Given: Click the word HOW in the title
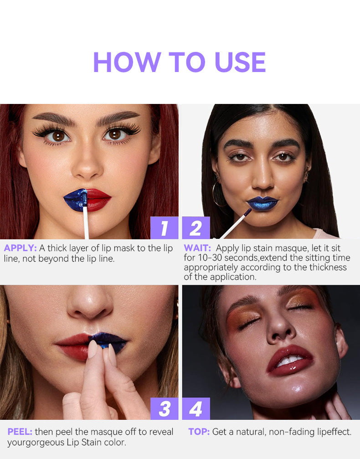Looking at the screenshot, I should (x=127, y=62).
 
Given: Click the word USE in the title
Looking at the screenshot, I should (x=240, y=62).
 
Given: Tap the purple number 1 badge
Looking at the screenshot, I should (x=164, y=228).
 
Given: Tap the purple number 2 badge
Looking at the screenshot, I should (x=196, y=228).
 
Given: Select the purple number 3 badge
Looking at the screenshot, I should (x=164, y=409).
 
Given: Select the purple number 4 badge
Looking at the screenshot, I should (x=196, y=409).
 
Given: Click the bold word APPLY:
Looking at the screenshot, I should (x=20, y=248).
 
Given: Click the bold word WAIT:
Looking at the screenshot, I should (x=198, y=248).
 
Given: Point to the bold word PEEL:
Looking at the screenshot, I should (x=20, y=432).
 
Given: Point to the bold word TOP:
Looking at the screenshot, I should (x=199, y=432).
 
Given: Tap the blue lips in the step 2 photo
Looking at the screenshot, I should (x=262, y=203).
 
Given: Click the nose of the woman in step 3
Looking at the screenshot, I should (x=89, y=305).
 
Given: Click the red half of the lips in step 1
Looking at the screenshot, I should (x=98, y=199).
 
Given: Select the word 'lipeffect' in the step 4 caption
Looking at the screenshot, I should (x=332, y=432).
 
